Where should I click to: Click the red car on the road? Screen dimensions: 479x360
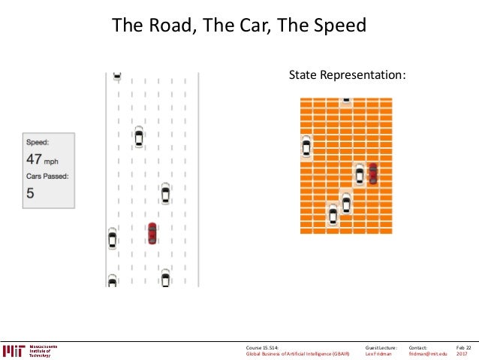coord(152,233)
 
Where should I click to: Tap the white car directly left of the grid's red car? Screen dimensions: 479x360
coord(360,174)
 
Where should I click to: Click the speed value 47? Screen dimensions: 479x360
coord(34,159)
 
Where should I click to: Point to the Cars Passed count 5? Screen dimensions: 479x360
coord(30,193)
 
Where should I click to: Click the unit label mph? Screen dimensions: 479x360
coord(51,161)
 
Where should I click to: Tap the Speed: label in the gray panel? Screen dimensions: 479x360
coord(38,142)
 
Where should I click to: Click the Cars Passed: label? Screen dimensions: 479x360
coord(47,177)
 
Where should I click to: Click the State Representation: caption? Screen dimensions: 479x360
coord(348,75)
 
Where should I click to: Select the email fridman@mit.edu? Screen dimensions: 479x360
coord(428,355)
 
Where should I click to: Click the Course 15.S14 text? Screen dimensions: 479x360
coord(267,348)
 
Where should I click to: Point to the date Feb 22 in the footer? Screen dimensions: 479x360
coord(463,348)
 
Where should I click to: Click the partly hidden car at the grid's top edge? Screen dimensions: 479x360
coord(346,100)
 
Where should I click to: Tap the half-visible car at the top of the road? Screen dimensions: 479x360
coord(116,75)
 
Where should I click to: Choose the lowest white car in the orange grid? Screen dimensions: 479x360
coord(333,215)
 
